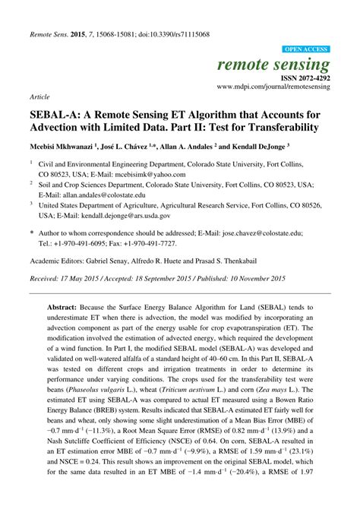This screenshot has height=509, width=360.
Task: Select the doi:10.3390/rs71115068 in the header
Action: click(x=180, y=13)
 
